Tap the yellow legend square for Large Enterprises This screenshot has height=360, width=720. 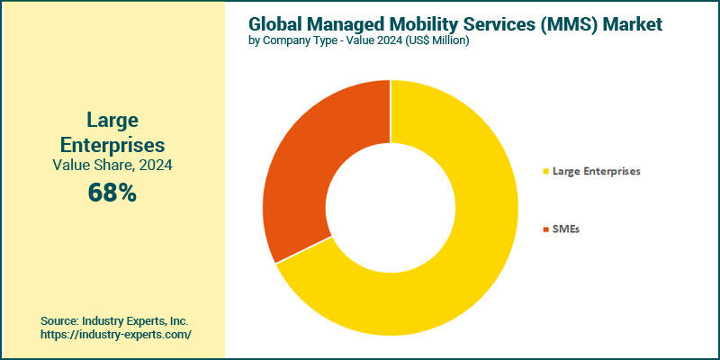pos(544,171)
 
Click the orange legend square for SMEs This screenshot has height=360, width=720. pos(544,230)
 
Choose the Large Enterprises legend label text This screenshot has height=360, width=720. pos(596,171)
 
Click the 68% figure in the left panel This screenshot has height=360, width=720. pos(112,192)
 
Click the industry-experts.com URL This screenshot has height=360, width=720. pos(116,334)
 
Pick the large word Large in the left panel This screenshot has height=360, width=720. pos(112,120)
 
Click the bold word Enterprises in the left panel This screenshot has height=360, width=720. pos(112,144)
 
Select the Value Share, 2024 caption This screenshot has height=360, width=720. pos(112,166)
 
